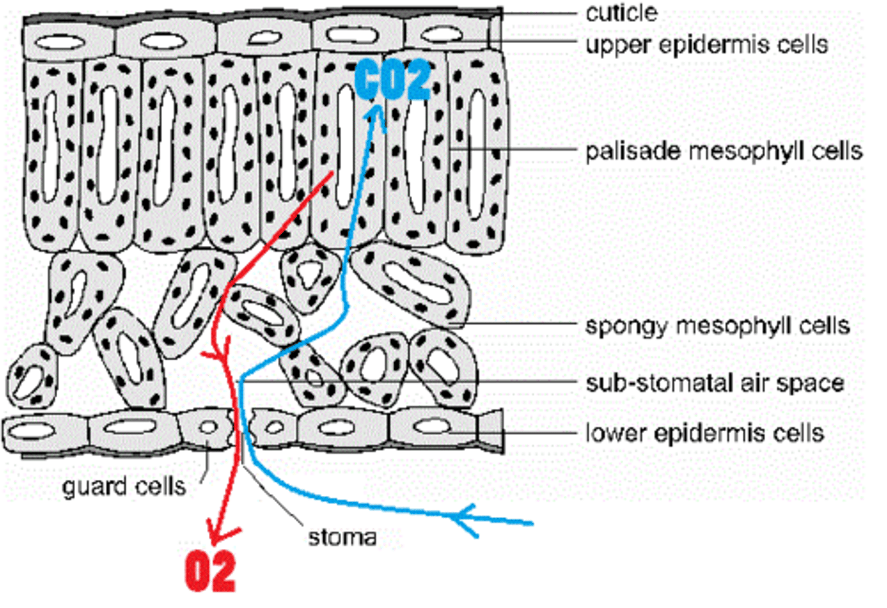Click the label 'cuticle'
coord(621,13)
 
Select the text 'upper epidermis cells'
coord(707,44)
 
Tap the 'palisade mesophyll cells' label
coord(723,151)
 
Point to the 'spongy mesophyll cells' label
coord(717,325)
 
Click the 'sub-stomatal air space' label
coord(715,383)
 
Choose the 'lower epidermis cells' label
coord(705,432)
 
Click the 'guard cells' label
coord(124,487)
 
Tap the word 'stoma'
coord(342,537)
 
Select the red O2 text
coord(210,572)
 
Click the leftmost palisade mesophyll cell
coord(52,154)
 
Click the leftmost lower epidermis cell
coord(43,431)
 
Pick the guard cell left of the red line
coord(208,427)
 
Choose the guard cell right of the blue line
coord(273,427)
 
